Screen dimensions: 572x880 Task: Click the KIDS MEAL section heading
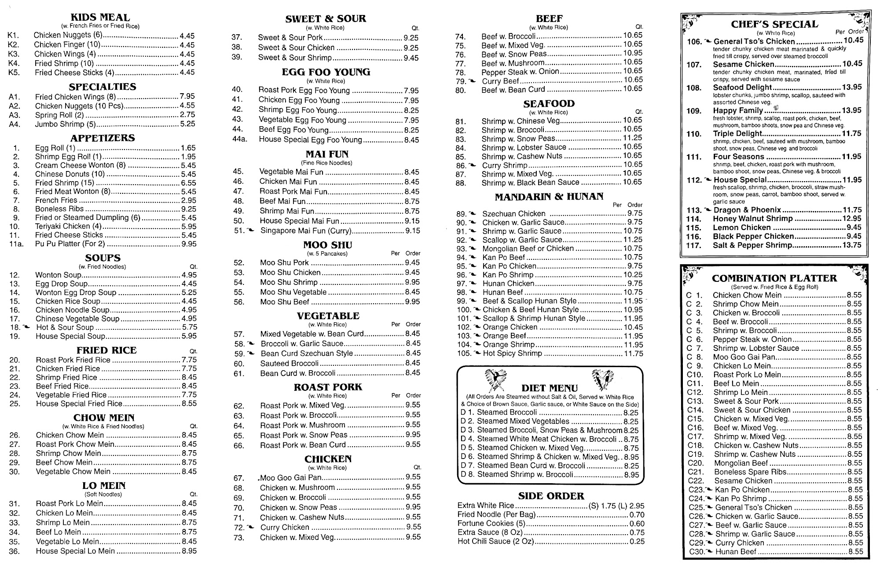click(100, 18)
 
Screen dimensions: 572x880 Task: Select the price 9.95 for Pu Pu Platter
click(189, 244)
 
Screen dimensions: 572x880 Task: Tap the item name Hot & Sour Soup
click(65, 328)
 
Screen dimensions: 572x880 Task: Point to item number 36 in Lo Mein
click(15, 551)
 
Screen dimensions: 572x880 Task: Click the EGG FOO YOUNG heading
click(326, 72)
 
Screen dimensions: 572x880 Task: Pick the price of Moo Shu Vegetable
click(412, 292)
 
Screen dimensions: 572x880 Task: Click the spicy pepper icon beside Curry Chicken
click(251, 527)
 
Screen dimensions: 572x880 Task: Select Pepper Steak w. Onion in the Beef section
click(520, 72)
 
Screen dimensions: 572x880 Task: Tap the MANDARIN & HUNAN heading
click(549, 197)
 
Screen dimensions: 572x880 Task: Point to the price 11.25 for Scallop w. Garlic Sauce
click(633, 240)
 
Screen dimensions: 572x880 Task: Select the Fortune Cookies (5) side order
click(491, 524)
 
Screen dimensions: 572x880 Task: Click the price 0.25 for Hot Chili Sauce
click(637, 542)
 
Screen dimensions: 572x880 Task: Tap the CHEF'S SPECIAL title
click(774, 24)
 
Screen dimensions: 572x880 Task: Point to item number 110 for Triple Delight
click(694, 134)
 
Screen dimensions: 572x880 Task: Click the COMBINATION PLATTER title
click(774, 278)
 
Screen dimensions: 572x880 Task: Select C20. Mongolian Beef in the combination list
click(741, 463)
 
